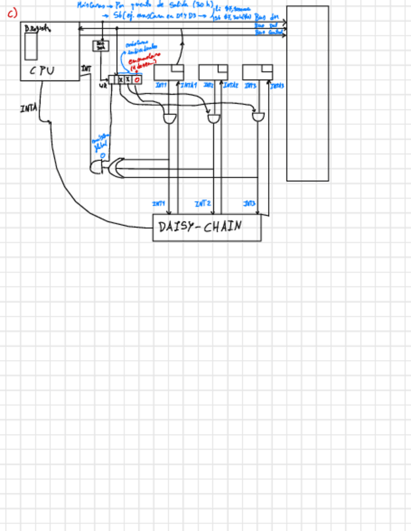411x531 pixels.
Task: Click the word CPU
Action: pyautogui.click(x=42, y=71)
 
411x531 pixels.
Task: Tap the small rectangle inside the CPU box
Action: pyautogui.click(x=31, y=47)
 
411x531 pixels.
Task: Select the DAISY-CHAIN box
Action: pyautogui.click(x=207, y=227)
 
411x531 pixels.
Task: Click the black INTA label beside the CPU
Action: pyautogui.click(x=28, y=109)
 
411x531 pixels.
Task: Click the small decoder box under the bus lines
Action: pyautogui.click(x=100, y=46)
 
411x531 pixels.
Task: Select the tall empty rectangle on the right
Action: pyautogui.click(x=307, y=93)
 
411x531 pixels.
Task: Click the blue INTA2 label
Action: pyautogui.click(x=231, y=85)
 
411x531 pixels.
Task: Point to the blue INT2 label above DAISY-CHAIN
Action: pyautogui.click(x=202, y=204)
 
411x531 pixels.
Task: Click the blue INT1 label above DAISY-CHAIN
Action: pyautogui.click(x=159, y=204)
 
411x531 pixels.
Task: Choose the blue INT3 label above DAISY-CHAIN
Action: pyautogui.click(x=249, y=204)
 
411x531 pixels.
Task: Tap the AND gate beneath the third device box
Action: pyautogui.click(x=258, y=116)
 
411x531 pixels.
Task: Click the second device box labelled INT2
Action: pyautogui.click(x=213, y=72)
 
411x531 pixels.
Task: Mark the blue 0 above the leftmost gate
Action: pyautogui.click(x=103, y=155)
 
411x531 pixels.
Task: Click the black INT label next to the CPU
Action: pyautogui.click(x=86, y=68)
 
